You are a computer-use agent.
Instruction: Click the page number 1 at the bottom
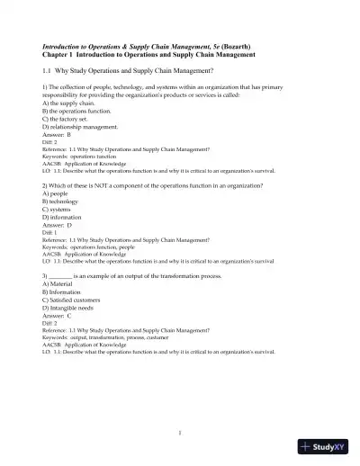(180, 432)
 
